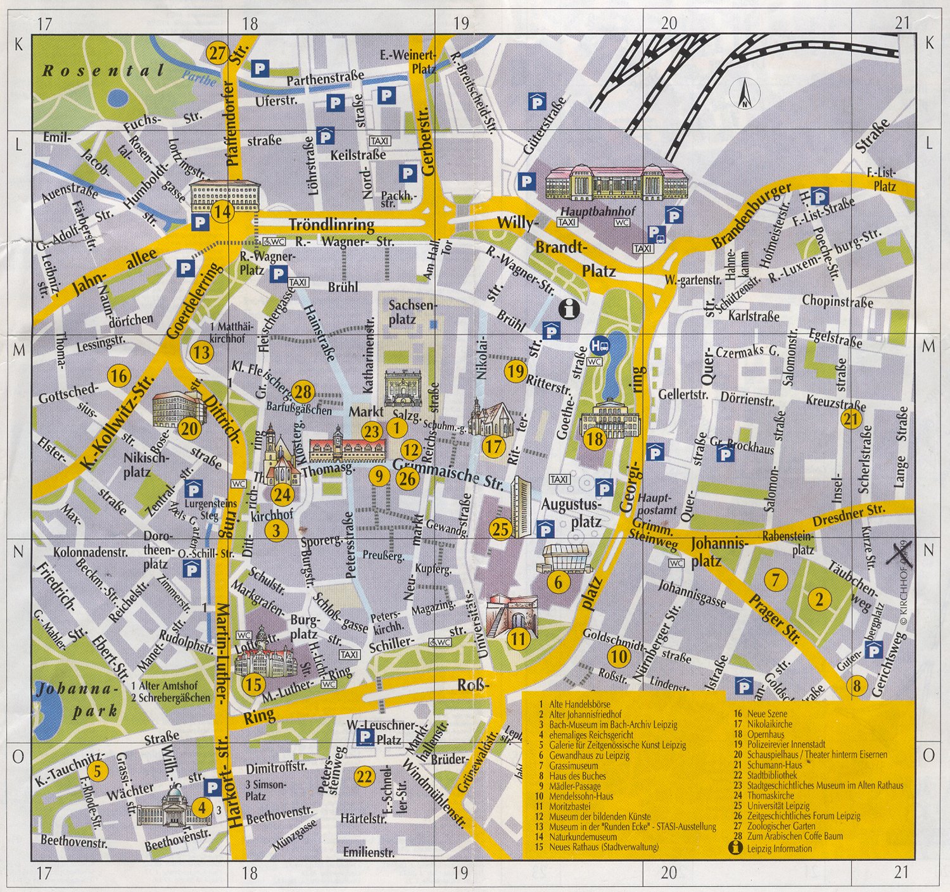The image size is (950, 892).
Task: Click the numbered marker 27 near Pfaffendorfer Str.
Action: tap(217, 53)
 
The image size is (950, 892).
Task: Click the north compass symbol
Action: tap(746, 94)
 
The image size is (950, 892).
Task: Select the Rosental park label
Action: tap(103, 70)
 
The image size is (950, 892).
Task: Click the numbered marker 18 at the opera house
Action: tap(595, 439)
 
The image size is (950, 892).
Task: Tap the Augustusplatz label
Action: tap(570, 513)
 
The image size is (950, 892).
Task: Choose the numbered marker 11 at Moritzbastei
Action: tap(518, 639)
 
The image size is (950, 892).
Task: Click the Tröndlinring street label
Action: tap(331, 225)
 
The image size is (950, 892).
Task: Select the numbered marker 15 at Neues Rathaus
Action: tap(253, 684)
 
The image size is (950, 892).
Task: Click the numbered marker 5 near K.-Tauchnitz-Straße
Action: tap(98, 771)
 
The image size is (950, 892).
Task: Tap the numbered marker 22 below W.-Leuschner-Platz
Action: tap(364, 776)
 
